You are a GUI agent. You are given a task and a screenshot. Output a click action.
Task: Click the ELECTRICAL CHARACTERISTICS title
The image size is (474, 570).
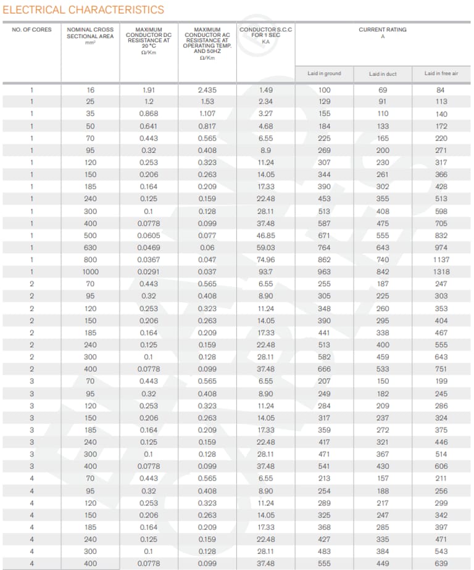pyautogui.click(x=83, y=9)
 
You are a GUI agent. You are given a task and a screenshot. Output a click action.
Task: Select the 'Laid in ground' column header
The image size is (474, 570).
pyautogui.click(x=324, y=73)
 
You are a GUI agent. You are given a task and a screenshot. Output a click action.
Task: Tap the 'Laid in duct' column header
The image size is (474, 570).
pyautogui.click(x=383, y=73)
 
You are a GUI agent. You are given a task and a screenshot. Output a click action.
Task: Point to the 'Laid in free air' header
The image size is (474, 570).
pyautogui.click(x=441, y=73)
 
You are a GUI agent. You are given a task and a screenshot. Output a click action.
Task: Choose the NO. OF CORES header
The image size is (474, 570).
pyautogui.click(x=32, y=29)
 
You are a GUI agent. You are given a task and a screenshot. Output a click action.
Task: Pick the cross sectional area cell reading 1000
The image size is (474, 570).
pyautogui.click(x=91, y=271)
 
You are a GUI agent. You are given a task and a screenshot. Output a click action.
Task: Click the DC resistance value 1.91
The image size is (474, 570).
pyautogui.click(x=149, y=89)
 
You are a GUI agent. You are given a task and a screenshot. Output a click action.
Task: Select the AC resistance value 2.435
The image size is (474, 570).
pyautogui.click(x=207, y=89)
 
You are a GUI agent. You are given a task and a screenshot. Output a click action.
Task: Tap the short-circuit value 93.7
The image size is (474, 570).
pyautogui.click(x=266, y=271)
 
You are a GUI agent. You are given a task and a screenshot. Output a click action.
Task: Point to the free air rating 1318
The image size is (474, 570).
pyautogui.click(x=441, y=271)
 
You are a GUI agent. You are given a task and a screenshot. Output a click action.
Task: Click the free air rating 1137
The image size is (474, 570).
pyautogui.click(x=441, y=260)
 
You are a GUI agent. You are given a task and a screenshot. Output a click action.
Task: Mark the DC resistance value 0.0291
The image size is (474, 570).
pyautogui.click(x=149, y=271)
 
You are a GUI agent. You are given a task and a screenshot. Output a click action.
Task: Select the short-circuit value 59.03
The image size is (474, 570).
pyautogui.click(x=266, y=247)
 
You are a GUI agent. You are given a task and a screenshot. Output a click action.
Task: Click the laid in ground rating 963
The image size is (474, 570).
pyautogui.click(x=324, y=271)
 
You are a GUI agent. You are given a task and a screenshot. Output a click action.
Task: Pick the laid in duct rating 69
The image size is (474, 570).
pyautogui.click(x=383, y=89)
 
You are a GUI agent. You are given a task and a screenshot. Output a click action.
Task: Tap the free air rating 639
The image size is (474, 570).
pyautogui.click(x=441, y=563)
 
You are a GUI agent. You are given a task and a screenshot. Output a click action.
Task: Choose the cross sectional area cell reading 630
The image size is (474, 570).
pyautogui.click(x=91, y=247)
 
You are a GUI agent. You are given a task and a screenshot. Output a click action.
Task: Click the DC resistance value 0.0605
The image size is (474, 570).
pyautogui.click(x=149, y=235)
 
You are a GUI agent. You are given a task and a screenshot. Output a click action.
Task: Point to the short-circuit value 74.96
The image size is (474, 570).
pyautogui.click(x=266, y=260)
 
